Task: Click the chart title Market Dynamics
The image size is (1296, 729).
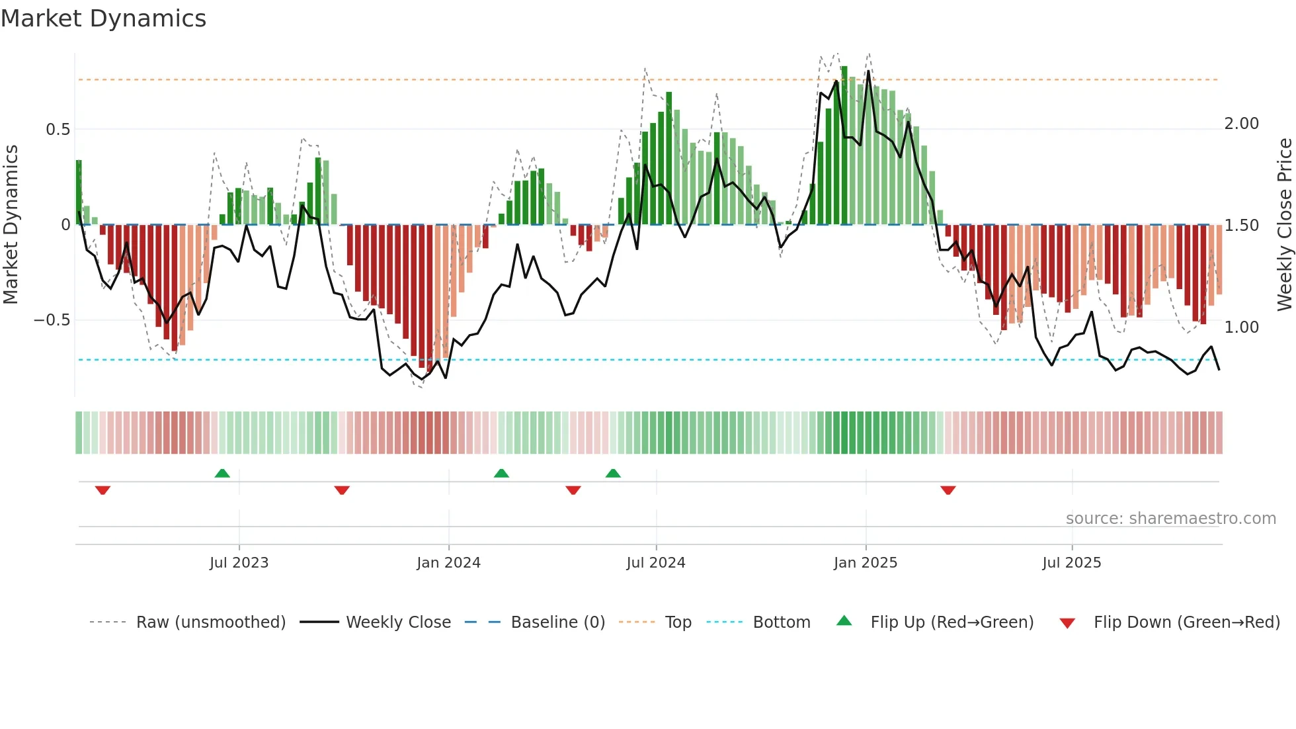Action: click(x=104, y=19)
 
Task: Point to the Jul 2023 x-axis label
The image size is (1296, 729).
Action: click(x=239, y=563)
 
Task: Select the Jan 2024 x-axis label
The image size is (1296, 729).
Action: click(x=448, y=563)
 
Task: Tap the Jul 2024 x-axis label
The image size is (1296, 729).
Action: click(x=655, y=563)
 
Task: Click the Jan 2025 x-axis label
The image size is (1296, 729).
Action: click(x=865, y=563)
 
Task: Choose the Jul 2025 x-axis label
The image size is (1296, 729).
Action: click(x=1071, y=563)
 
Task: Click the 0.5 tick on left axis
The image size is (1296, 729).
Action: click(x=58, y=130)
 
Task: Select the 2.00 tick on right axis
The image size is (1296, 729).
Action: click(x=1241, y=124)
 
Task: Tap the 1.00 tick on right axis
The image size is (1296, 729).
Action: click(x=1241, y=327)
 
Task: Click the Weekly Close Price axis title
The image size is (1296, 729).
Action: click(x=1284, y=225)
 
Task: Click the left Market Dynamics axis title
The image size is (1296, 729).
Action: click(x=11, y=225)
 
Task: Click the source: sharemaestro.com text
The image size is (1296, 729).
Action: click(x=1170, y=519)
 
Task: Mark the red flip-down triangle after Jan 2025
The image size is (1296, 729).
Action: click(x=948, y=490)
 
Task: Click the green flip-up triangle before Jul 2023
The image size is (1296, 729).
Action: click(x=222, y=473)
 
